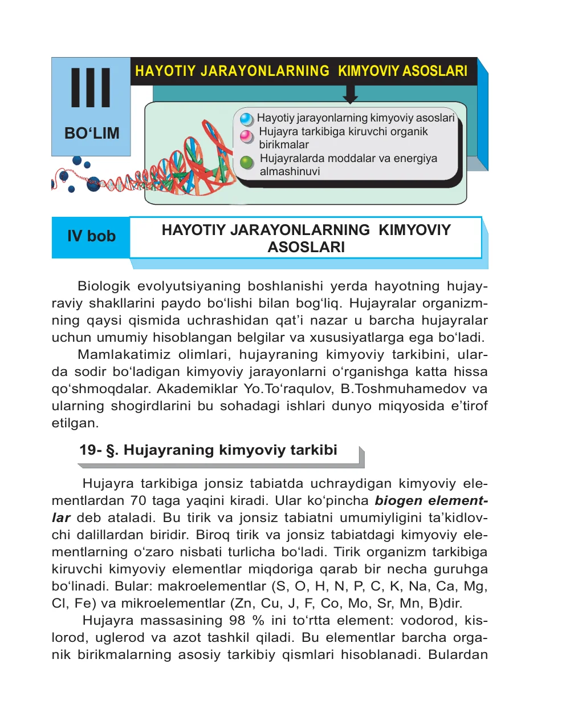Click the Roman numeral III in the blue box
coord(91,88)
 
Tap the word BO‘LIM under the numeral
coord(92,134)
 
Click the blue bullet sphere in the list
coord(246,119)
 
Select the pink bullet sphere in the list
coord(246,136)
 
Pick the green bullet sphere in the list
coord(247,163)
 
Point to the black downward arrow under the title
coord(351,94)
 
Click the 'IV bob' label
coord(91,236)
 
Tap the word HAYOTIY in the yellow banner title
coord(165,71)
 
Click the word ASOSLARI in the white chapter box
coord(306,247)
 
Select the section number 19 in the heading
coord(88,450)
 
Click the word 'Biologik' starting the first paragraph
coord(104,286)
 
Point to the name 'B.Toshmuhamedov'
coord(404,389)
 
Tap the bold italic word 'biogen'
coord(398,501)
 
